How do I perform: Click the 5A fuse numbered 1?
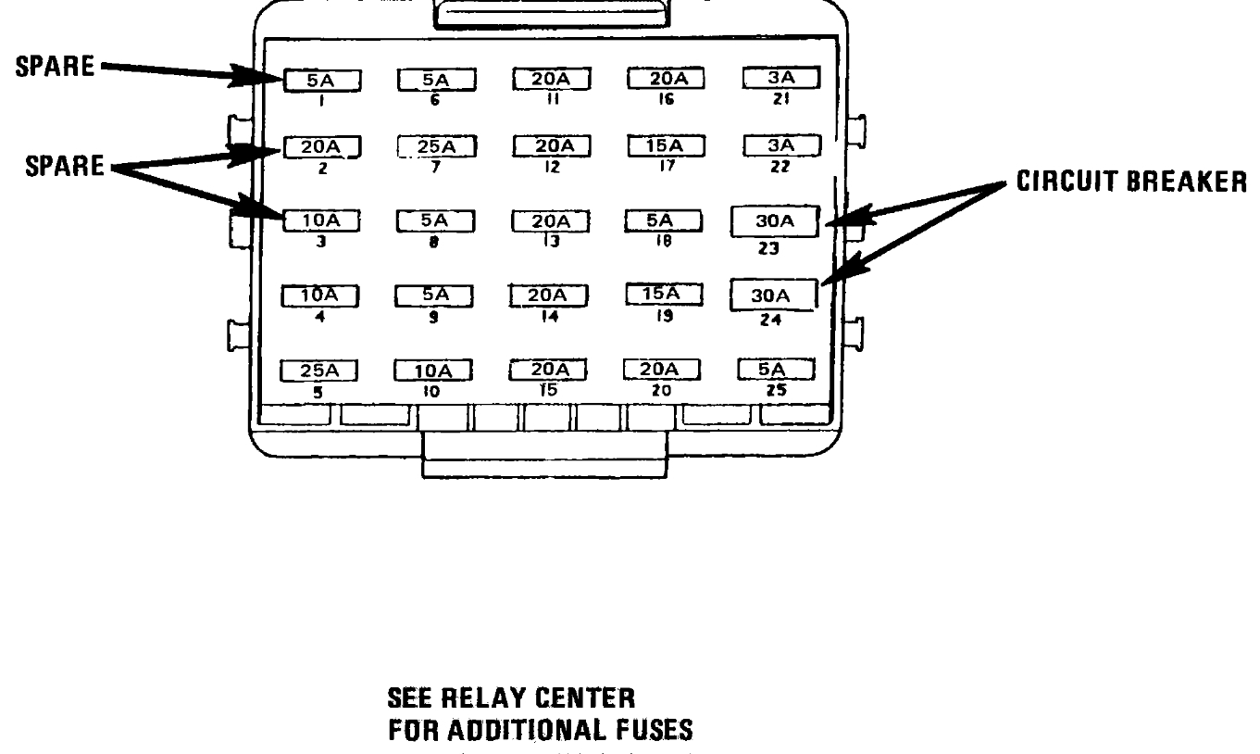click(321, 81)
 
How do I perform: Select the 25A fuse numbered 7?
click(436, 146)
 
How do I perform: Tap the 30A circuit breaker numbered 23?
click(775, 223)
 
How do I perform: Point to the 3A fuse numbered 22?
click(781, 145)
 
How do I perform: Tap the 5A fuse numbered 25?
click(776, 370)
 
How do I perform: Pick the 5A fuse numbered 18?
click(661, 221)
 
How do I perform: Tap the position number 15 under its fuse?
click(549, 390)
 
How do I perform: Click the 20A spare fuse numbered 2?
click(321, 146)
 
